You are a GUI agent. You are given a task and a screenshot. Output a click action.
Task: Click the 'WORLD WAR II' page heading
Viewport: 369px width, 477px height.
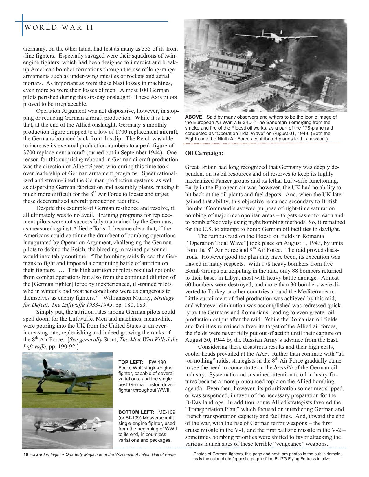[x=59, y=28]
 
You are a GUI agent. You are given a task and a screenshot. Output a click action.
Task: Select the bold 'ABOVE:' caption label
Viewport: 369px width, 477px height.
[x=194, y=117]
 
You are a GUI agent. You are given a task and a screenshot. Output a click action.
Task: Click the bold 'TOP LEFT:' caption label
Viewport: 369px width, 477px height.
[x=131, y=362]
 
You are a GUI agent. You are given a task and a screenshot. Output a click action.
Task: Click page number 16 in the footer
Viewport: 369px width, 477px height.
[x=25, y=454]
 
